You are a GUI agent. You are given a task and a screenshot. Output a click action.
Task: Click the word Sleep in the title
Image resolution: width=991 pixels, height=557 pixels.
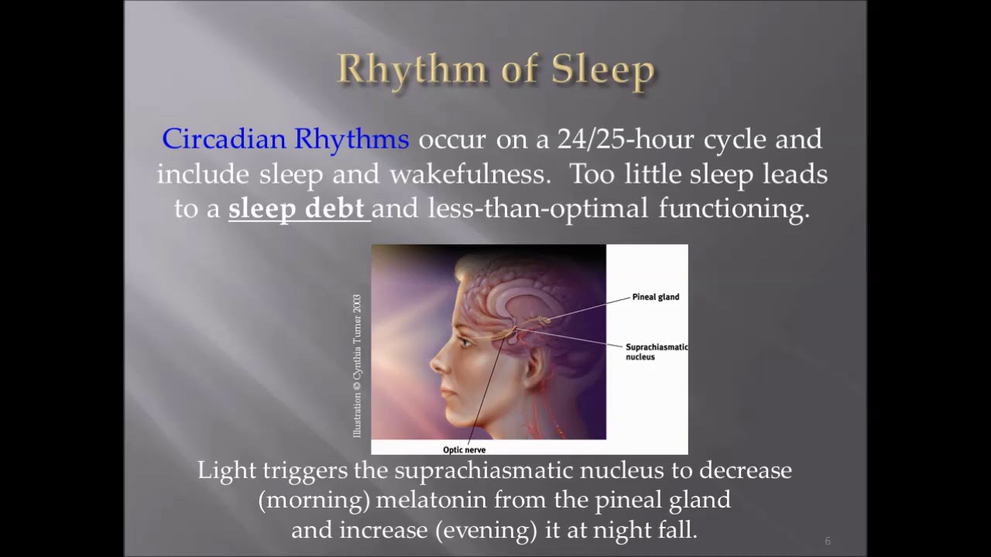click(x=602, y=70)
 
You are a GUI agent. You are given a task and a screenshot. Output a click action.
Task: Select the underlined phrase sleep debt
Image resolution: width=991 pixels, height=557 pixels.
click(x=297, y=209)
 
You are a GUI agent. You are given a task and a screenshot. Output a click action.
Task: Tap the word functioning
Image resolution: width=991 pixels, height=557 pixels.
click(x=733, y=209)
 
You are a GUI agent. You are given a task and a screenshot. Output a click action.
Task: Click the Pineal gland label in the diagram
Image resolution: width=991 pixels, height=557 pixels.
click(x=655, y=297)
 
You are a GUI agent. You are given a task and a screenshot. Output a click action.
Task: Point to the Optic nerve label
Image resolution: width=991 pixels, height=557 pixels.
click(x=464, y=449)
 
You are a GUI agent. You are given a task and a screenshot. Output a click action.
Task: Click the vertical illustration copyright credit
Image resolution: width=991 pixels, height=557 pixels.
click(x=357, y=365)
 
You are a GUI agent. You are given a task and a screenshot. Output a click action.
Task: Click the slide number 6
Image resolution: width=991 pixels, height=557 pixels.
click(x=828, y=541)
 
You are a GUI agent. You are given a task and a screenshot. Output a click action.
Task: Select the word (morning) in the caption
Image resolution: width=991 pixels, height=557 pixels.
click(x=314, y=500)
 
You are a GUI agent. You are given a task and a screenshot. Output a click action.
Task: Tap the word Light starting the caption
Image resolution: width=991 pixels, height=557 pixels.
click(x=223, y=470)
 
